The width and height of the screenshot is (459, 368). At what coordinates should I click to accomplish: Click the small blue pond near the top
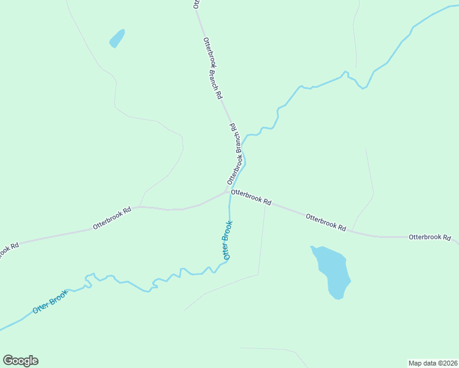coord(117,39)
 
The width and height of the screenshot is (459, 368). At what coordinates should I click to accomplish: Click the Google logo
coord(20,361)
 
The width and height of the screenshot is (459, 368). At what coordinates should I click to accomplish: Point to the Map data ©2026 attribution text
coord(433,362)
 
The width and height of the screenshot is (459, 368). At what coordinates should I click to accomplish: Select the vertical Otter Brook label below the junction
coord(228,240)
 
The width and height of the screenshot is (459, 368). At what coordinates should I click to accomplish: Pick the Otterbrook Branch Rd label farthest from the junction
coord(212,68)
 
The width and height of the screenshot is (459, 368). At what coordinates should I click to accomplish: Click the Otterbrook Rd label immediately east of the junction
coord(251,196)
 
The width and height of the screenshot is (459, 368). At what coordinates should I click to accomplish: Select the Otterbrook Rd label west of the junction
coord(112,218)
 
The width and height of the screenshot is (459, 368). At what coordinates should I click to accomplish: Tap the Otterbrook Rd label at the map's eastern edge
coord(430,237)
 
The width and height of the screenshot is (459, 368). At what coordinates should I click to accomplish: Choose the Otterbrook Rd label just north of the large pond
coord(325,222)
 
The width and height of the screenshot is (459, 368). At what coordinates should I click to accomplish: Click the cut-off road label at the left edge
coord(9,250)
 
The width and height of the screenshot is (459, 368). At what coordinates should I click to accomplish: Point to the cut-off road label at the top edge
coord(196,4)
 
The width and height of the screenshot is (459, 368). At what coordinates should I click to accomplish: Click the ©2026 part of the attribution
coord(445,362)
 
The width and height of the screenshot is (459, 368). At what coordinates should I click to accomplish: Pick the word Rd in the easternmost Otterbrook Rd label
coord(447,237)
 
